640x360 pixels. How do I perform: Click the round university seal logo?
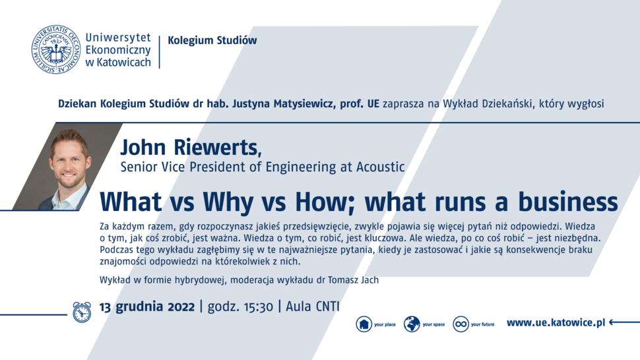pyautogui.click(x=56, y=49)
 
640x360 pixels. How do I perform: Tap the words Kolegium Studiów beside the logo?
pyautogui.click(x=212, y=40)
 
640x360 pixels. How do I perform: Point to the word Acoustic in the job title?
pyautogui.click(x=381, y=167)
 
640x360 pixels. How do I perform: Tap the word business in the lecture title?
pyautogui.click(x=568, y=201)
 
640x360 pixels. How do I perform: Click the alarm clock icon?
pyautogui.click(x=82, y=313)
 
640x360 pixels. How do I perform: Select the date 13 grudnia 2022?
pyautogui.click(x=147, y=307)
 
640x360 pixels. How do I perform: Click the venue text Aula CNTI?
pyautogui.click(x=313, y=307)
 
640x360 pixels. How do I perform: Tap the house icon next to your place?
pyautogui.click(x=364, y=324)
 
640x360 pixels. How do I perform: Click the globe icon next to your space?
pyautogui.click(x=412, y=324)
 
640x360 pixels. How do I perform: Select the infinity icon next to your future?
pyautogui.click(x=461, y=324)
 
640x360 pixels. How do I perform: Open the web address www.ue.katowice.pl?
pyautogui.click(x=556, y=323)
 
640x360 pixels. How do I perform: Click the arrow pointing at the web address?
pyautogui.click(x=624, y=322)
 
